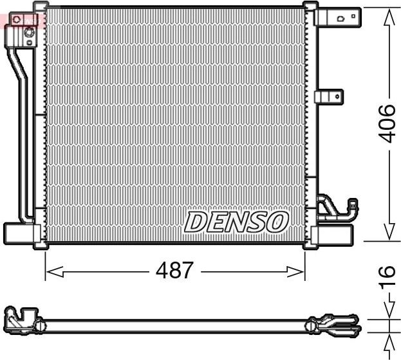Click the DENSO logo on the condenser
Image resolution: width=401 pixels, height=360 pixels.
pyautogui.click(x=235, y=222)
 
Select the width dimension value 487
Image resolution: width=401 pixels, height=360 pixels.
pyautogui.click(x=174, y=271)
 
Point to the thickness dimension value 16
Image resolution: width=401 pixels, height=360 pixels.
pyautogui.click(x=387, y=278)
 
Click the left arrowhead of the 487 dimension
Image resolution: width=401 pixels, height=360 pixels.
pyautogui.click(x=52, y=272)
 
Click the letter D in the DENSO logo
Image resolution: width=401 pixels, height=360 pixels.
pyautogui.click(x=195, y=222)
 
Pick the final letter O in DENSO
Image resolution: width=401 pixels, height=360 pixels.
pyautogui.click(x=275, y=222)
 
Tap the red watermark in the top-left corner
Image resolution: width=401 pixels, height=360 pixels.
pyautogui.click(x=19, y=19)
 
